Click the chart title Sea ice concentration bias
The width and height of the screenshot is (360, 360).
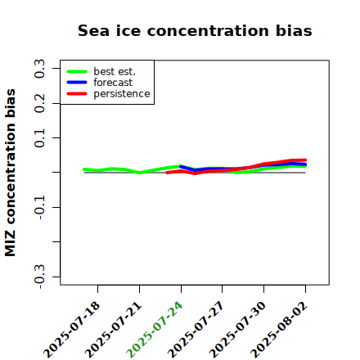(x=195, y=30)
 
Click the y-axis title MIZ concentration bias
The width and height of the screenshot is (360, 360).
(x=11, y=173)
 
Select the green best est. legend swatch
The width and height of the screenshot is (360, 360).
(x=77, y=72)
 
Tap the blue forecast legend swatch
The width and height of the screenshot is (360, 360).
(x=77, y=83)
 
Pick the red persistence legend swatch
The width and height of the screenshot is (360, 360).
(x=77, y=94)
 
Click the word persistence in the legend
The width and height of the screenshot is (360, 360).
(x=122, y=94)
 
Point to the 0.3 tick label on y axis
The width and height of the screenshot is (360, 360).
(x=39, y=69)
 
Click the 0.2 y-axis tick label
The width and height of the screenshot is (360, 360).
(x=39, y=103)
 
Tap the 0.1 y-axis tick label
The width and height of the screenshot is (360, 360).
(x=39, y=138)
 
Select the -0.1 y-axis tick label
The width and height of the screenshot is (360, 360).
(x=39, y=208)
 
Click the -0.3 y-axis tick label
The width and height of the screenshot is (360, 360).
(x=39, y=277)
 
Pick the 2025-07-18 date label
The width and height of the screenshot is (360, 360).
(x=71, y=330)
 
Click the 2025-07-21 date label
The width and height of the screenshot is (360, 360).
(x=113, y=330)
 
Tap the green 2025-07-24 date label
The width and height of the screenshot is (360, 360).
(x=155, y=330)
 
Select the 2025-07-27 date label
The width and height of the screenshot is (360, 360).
(x=196, y=330)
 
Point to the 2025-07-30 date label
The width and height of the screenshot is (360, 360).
(x=237, y=330)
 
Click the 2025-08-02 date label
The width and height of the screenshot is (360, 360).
(x=279, y=330)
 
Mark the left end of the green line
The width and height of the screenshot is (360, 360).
(x=84, y=169)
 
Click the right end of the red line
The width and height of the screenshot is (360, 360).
(x=305, y=160)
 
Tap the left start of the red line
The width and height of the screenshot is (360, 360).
(x=167, y=173)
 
